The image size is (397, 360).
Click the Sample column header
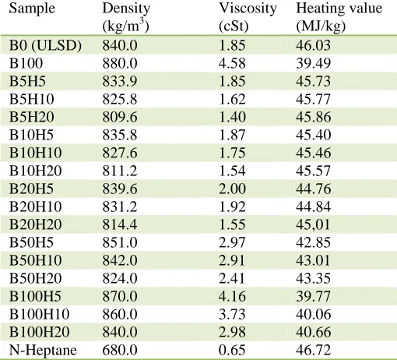coord(32,9)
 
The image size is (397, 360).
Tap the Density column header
coord(126,17)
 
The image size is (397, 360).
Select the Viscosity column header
coord(248,17)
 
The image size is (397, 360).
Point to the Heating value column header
coord(339,17)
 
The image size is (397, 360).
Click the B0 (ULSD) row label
coord(45,45)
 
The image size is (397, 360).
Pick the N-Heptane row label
coord(43,350)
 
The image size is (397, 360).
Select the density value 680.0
coord(120,350)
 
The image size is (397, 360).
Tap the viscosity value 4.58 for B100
coord(232,63)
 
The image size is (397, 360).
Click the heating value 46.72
coord(314,350)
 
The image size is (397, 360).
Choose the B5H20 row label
coord(32,117)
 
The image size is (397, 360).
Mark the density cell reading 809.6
coord(120,117)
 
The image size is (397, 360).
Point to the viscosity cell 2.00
coord(232,189)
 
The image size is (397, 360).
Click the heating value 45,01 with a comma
coord(314,224)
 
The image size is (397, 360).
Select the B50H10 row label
coord(36,260)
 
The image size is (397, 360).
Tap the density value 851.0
coord(120,242)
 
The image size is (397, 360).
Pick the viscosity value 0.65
coord(232,350)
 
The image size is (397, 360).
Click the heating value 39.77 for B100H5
coord(314,296)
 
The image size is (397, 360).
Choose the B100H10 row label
coord(40,314)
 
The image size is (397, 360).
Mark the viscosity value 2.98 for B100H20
coord(232,332)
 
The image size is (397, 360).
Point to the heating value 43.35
coord(314,278)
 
